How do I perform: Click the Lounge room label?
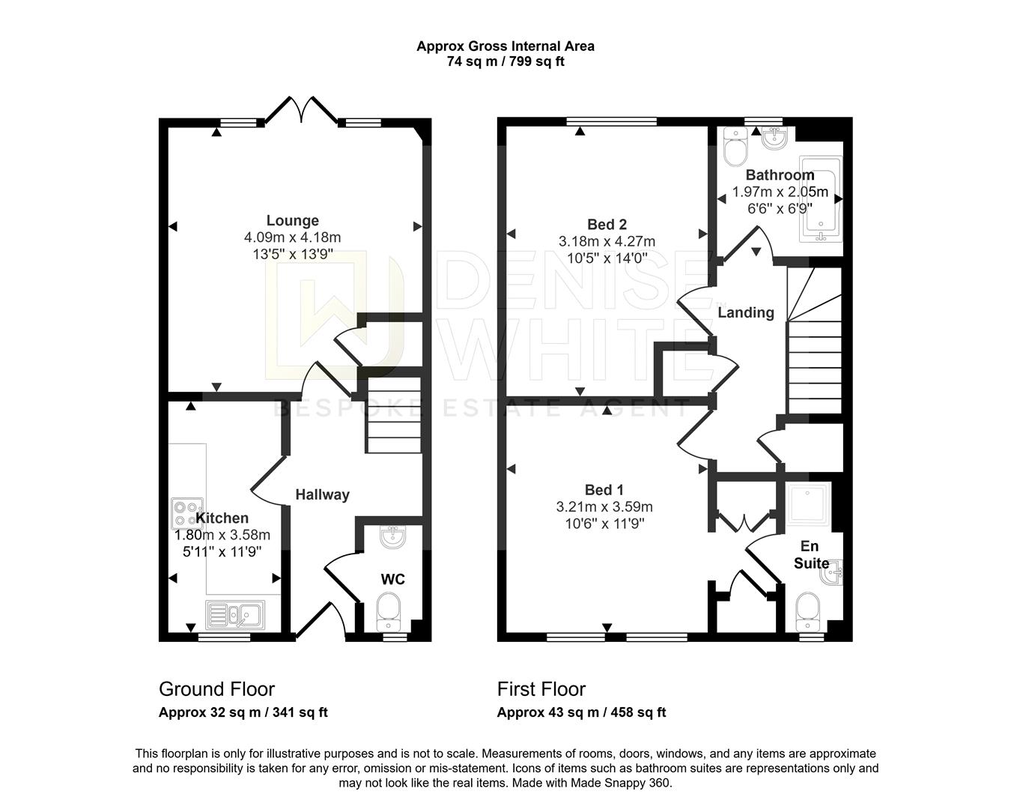(292, 221)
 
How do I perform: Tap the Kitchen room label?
(222, 518)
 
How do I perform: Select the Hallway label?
(322, 494)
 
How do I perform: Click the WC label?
(392, 579)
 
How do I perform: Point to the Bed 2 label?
(607, 225)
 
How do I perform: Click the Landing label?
(746, 312)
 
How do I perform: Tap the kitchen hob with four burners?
(182, 515)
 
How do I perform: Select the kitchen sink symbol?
(234, 615)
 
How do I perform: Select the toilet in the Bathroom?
(735, 150)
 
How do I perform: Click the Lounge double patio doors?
(301, 111)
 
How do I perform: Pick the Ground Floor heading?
(216, 689)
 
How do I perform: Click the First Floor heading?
(541, 689)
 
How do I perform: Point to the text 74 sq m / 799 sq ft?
(506, 62)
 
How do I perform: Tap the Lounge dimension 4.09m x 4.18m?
(292, 237)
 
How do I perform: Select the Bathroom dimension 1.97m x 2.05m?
(780, 192)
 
